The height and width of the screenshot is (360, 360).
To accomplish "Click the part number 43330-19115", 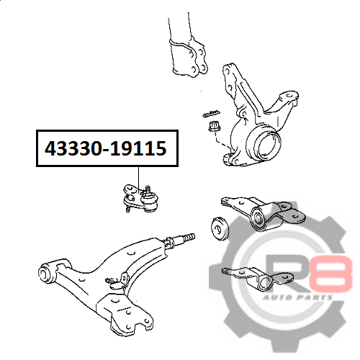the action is tap(106, 148).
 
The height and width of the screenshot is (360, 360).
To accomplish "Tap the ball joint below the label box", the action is tap(140, 198).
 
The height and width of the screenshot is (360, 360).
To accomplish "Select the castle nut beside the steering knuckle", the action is tap(214, 127).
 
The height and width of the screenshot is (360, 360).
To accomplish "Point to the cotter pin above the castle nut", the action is tap(211, 113).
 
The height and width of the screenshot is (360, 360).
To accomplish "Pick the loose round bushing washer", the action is tap(220, 228).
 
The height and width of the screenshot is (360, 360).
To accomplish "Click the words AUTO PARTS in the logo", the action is tap(298, 297).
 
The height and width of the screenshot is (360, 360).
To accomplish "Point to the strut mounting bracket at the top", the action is tap(189, 57).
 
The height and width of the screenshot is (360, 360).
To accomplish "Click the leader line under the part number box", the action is tap(138, 179).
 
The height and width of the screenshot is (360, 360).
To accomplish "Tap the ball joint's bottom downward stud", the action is tap(128, 208).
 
